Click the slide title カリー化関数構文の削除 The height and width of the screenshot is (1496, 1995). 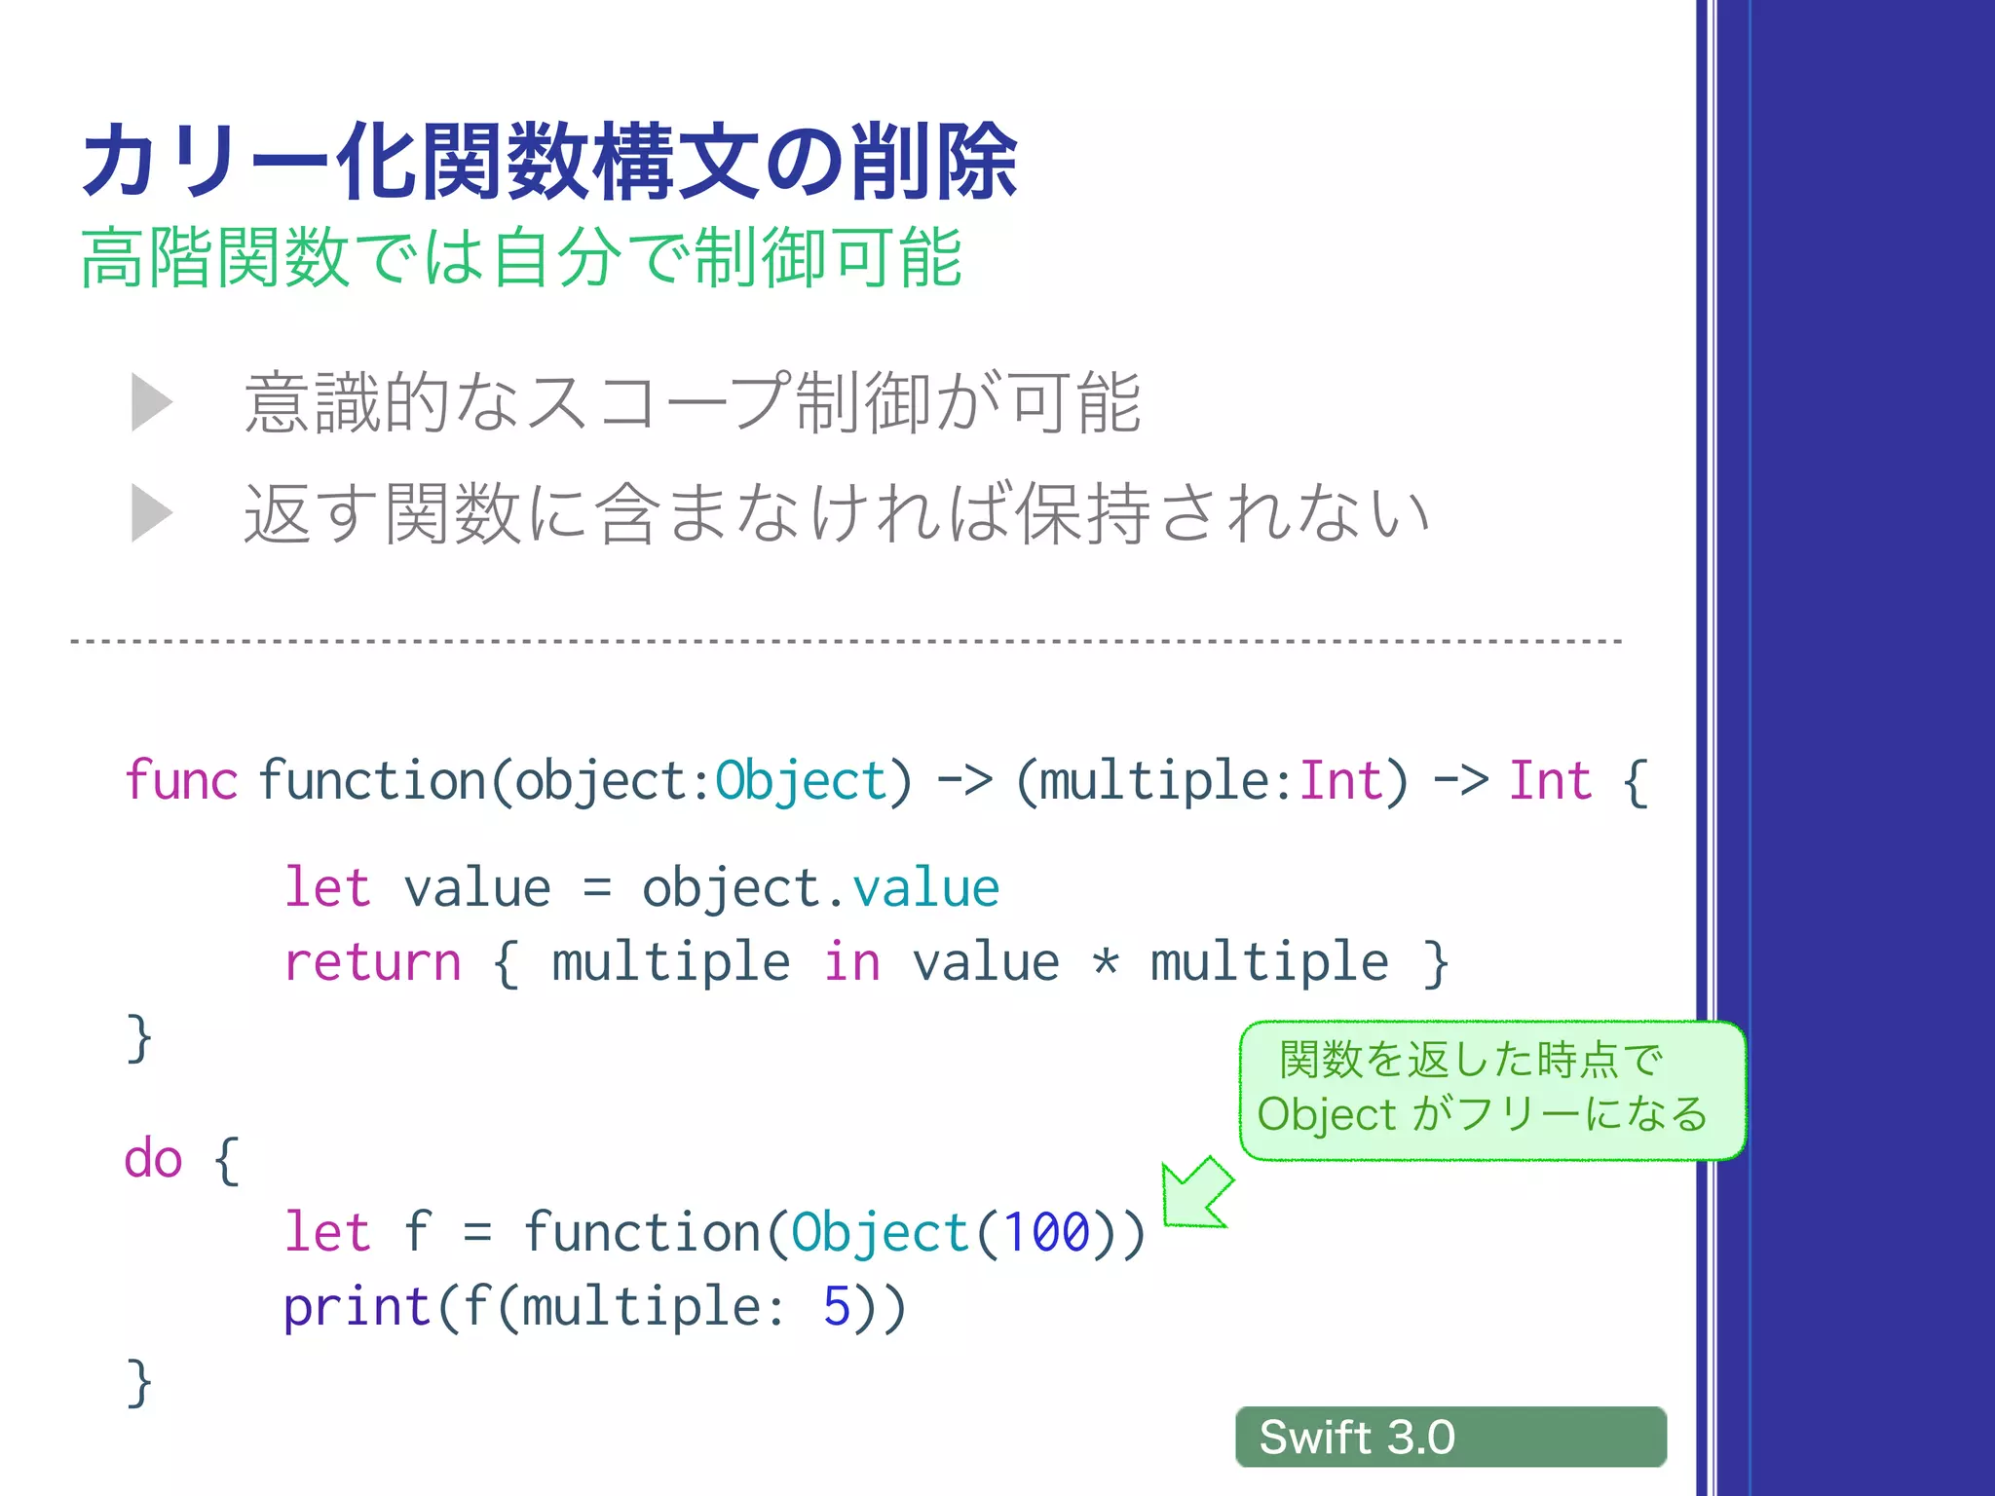[550, 162]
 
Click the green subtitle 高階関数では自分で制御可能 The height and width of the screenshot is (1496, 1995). [522, 258]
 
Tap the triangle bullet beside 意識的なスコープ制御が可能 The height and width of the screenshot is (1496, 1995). [152, 402]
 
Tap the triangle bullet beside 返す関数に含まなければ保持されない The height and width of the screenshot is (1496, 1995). [152, 513]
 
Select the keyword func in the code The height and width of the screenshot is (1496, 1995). [181, 781]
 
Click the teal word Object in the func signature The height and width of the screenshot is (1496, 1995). [801, 781]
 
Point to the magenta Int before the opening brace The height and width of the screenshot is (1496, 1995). [1550, 781]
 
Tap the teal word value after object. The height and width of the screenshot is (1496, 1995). [925, 888]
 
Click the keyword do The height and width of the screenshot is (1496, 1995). [154, 1159]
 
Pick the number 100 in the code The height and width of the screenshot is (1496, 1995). [1046, 1233]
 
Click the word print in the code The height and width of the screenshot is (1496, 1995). [357, 1307]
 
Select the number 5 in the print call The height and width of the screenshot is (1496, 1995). [837, 1307]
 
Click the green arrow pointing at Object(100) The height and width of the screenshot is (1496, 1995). [1197, 1193]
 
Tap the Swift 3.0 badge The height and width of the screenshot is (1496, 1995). [1450, 1437]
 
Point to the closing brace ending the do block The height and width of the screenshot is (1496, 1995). [139, 1383]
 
